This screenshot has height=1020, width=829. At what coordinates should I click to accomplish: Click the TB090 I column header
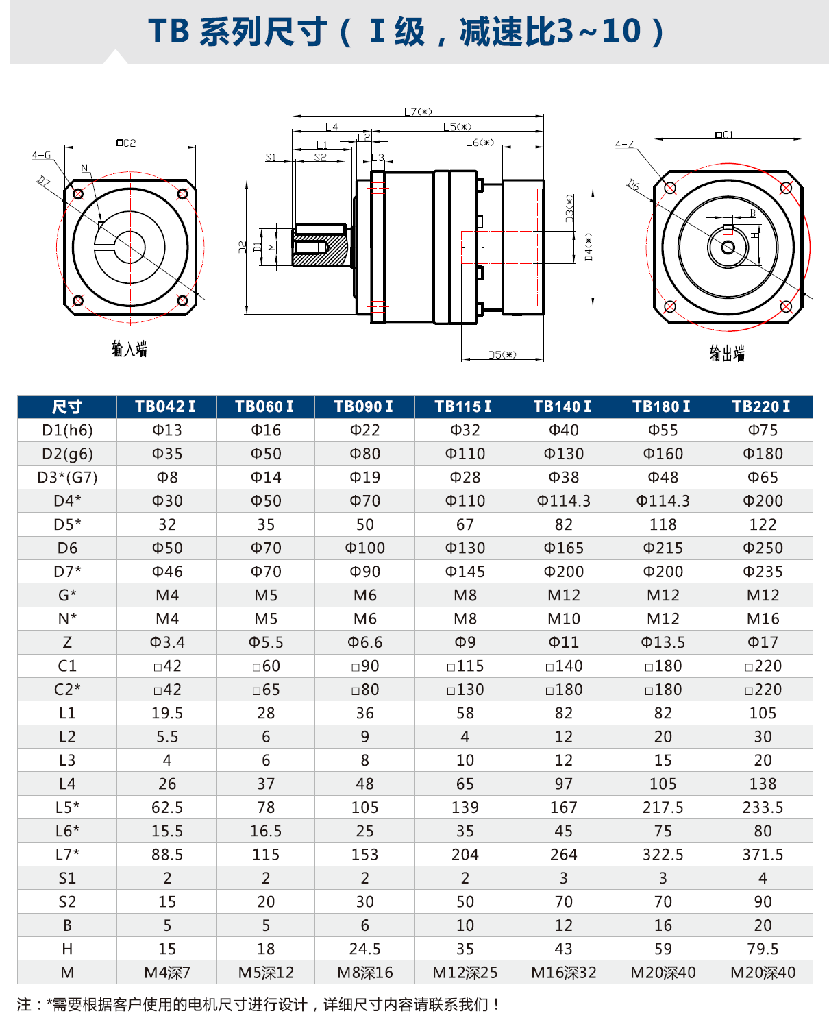[364, 406]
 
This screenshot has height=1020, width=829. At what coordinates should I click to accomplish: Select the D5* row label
[67, 524]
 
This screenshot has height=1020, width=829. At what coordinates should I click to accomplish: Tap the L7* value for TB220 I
[763, 854]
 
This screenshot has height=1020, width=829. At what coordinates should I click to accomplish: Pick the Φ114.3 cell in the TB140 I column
[563, 501]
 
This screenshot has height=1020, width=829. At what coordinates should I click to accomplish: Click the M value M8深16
[364, 973]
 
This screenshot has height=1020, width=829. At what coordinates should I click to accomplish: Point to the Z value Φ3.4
[167, 642]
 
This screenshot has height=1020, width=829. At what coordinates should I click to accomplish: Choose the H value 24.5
[364, 949]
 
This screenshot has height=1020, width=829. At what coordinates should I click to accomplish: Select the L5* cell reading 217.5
[663, 807]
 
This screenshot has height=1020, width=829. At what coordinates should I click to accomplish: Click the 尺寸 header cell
[67, 406]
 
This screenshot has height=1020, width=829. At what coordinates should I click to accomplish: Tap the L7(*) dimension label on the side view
[418, 112]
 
